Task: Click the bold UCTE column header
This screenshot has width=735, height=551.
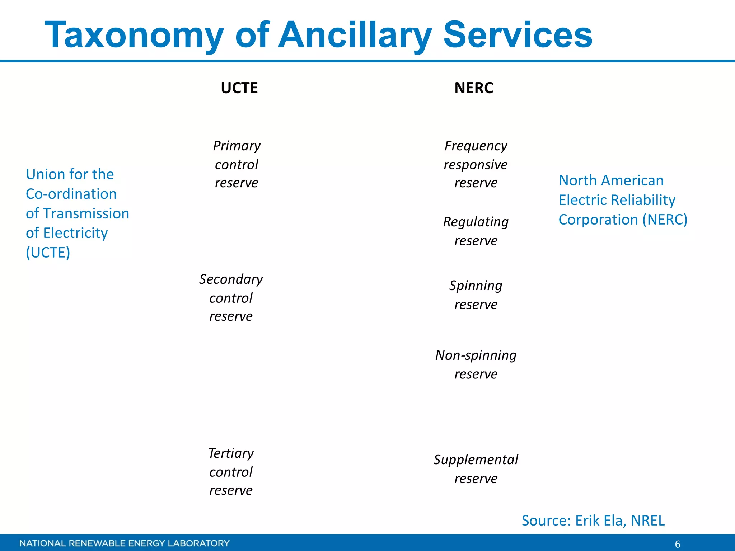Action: tap(239, 88)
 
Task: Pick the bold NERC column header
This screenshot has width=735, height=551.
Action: tap(474, 88)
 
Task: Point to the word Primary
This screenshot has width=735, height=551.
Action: tap(237, 146)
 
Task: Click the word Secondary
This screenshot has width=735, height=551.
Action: tap(231, 279)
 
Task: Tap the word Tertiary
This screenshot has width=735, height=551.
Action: tap(231, 453)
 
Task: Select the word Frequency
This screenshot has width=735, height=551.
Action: tap(476, 146)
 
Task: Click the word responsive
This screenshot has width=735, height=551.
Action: tap(476, 165)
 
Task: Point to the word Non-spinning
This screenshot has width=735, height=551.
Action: tap(476, 355)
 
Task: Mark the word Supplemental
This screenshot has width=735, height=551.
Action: tap(476, 460)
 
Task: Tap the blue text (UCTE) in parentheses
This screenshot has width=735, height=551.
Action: tap(48, 253)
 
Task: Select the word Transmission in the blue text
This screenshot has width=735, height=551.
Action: tap(86, 214)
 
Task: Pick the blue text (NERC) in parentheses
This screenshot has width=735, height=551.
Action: tap(665, 220)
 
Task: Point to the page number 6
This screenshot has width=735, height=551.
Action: tap(678, 544)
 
